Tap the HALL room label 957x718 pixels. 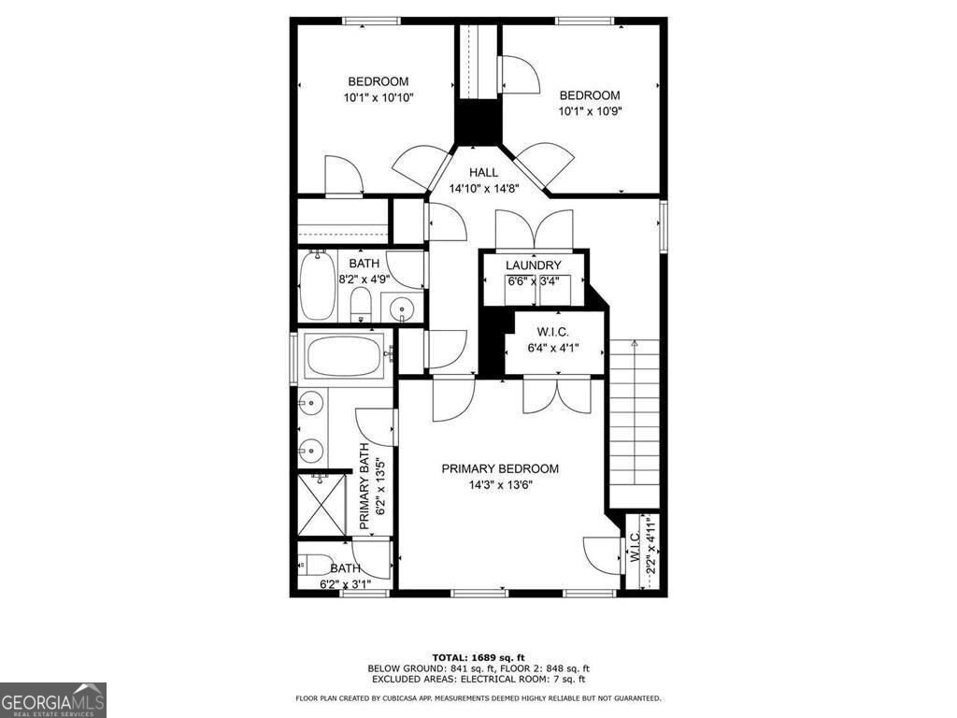(483, 172)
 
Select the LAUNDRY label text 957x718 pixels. (533, 266)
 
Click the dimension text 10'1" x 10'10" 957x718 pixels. (379, 97)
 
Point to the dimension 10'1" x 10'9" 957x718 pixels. (590, 110)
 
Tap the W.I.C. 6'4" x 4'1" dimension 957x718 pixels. (553, 348)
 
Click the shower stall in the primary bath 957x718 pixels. (321, 506)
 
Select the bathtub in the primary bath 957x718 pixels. (344, 355)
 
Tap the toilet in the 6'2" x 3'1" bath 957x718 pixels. (315, 565)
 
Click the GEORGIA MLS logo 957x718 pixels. (53, 699)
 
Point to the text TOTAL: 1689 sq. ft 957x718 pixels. (478, 656)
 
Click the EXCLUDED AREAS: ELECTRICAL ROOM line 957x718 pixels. (478, 680)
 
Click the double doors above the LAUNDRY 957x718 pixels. (534, 230)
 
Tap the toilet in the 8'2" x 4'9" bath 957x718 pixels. (361, 303)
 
